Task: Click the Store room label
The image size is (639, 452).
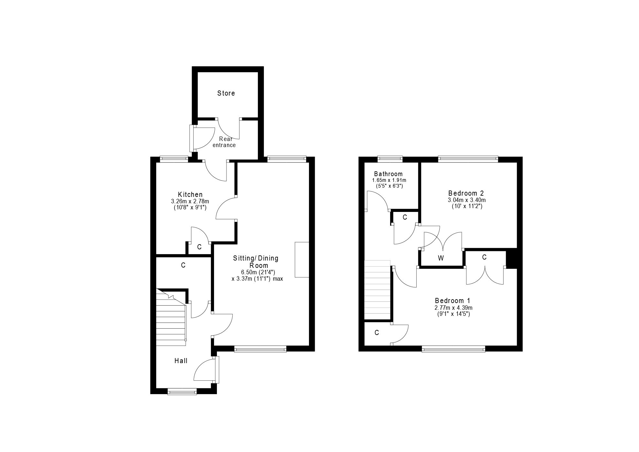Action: pos(226,93)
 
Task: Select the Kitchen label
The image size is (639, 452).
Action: pos(190,195)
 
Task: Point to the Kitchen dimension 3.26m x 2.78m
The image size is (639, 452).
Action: pos(190,201)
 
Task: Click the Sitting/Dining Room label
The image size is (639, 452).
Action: pos(256,262)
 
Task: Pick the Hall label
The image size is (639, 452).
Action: pos(181,361)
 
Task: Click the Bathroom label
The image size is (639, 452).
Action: pos(389,174)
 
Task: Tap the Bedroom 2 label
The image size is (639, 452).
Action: pos(466,193)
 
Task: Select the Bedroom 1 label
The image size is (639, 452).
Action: pos(453,301)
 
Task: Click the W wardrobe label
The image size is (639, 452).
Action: pos(441,259)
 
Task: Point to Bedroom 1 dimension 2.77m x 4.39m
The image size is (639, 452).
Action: pos(453,308)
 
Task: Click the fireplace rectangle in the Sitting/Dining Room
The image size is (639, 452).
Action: pos(302,260)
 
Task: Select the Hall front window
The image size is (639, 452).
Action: pos(182,392)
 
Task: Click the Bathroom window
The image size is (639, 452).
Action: pos(390,159)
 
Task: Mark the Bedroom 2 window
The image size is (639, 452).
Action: pos(468,159)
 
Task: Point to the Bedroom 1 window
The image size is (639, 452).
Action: pos(454,349)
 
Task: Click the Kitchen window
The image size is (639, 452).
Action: pos(174,159)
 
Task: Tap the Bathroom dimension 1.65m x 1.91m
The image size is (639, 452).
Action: pos(389,180)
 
